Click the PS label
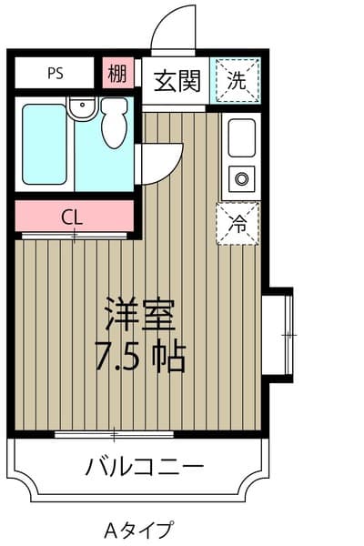click(56, 74)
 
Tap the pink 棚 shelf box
click(118, 73)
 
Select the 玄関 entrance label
click(177, 81)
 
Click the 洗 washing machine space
click(237, 81)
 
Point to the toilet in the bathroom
click(115, 123)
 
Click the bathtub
click(45, 145)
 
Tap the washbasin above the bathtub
click(82, 106)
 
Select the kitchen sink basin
click(242, 138)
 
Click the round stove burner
click(241, 179)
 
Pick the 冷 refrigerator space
click(238, 224)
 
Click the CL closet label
click(72, 218)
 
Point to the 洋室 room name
click(140, 314)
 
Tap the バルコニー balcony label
click(145, 465)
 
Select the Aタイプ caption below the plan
click(138, 531)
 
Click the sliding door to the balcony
click(115, 434)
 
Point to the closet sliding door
click(75, 236)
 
